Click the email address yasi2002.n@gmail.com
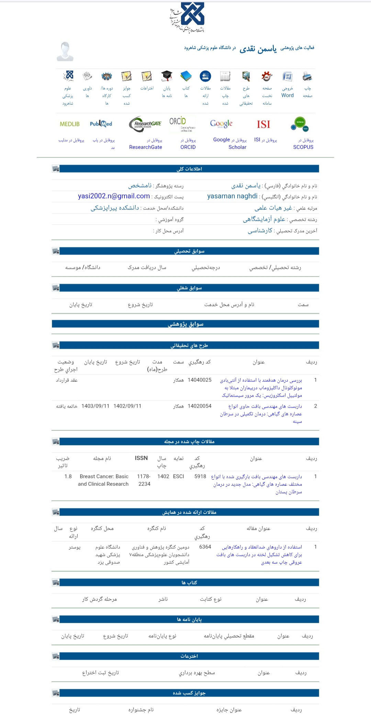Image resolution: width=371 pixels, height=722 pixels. tap(114, 196)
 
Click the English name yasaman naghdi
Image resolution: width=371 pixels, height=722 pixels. tap(232, 196)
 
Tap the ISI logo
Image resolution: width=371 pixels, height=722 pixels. tap(263, 124)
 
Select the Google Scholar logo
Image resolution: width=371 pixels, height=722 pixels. tap(221, 124)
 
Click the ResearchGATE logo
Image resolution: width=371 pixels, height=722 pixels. tap(145, 124)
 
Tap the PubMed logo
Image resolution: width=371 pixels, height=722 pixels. tap(101, 124)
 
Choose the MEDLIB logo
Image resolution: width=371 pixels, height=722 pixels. tap(70, 124)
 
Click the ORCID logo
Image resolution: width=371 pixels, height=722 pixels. tap(182, 124)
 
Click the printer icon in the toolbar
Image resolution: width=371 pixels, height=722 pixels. tap(307, 76)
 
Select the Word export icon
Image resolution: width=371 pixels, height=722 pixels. tap(287, 76)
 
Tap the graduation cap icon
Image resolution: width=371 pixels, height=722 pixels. tap(167, 76)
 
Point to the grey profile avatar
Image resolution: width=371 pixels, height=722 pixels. tap(65, 51)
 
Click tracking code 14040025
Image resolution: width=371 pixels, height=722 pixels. tap(200, 380)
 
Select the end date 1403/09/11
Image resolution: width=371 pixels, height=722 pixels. tap(95, 406)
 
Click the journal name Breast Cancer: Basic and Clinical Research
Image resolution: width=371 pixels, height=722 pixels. tap(103, 480)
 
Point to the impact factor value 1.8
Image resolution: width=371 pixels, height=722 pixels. tap(68, 476)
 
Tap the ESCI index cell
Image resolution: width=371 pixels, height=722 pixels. tap(179, 476)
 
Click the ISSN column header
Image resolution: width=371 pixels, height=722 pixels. tap(141, 458)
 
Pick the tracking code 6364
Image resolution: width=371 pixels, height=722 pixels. tap(205, 547)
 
